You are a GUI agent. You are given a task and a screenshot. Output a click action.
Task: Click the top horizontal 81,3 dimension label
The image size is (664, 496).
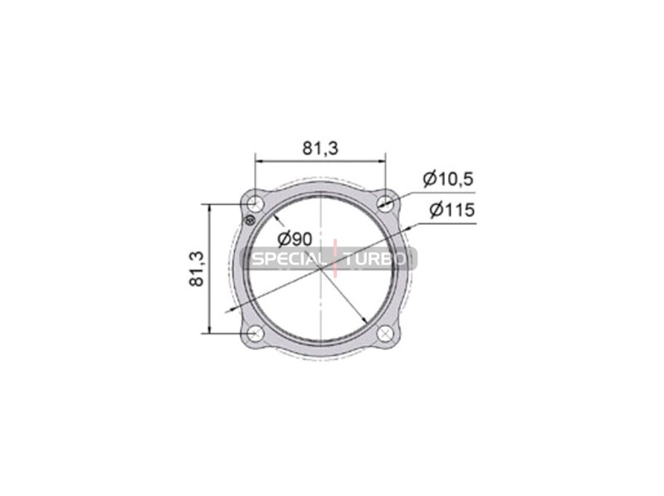(x=320, y=148)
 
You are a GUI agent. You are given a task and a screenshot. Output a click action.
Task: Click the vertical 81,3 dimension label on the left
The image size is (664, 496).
(x=197, y=269)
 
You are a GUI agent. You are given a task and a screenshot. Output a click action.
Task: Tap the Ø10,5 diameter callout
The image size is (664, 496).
(x=448, y=179)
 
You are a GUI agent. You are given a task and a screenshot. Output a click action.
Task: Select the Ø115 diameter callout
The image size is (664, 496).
(x=452, y=210)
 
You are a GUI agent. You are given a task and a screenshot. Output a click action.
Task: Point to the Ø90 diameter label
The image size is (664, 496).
(x=295, y=240)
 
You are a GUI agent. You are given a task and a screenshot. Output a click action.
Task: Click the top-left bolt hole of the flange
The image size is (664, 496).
(x=256, y=204)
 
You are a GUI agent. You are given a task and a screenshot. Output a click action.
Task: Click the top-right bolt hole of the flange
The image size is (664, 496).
(x=385, y=203)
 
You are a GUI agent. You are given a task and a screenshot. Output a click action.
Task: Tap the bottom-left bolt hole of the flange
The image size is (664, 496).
(x=256, y=333)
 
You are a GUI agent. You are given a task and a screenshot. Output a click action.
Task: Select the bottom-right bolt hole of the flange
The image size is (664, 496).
(x=385, y=333)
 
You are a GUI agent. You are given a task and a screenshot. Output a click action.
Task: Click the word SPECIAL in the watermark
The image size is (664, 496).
(x=286, y=259)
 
